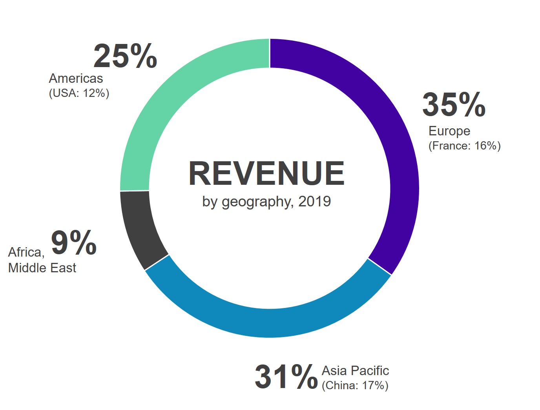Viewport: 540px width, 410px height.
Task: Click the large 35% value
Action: [454, 105]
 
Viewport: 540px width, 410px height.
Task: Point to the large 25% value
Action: [125, 56]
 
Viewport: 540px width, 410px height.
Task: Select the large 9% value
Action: [74, 243]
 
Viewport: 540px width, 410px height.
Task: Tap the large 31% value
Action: [286, 377]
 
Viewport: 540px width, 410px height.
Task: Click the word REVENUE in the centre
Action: [266, 173]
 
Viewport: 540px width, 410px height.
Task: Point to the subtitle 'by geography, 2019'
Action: [266, 202]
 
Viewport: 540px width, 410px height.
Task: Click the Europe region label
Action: [449, 131]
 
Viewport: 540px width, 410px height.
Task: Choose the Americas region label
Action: [76, 78]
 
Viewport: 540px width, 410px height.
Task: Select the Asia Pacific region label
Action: [355, 370]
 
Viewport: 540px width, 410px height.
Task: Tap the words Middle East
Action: [42, 268]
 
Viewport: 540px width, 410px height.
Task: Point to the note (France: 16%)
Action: [464, 146]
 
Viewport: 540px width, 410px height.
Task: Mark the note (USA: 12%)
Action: [79, 93]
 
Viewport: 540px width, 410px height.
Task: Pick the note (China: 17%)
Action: [355, 386]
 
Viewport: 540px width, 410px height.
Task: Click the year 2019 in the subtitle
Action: [314, 201]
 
